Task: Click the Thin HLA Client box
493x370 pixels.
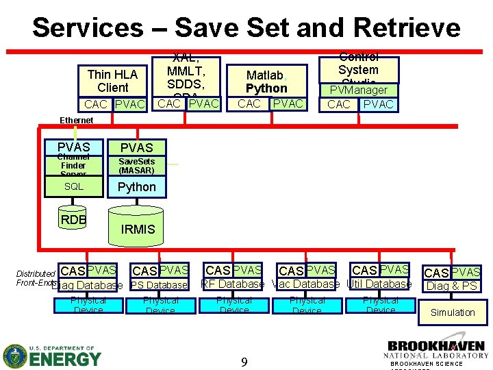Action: tap(113, 81)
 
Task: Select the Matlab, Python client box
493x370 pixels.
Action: tap(266, 82)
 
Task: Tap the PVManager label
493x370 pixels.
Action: tap(359, 90)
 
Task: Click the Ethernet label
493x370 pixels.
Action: tap(77, 120)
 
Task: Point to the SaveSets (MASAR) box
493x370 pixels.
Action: tap(136, 166)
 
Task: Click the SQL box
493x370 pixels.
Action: tap(73, 186)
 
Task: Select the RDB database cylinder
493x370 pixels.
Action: tap(73, 220)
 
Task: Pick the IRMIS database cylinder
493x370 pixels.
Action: tap(138, 229)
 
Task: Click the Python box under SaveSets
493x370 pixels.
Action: tap(136, 187)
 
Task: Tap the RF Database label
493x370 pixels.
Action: tap(232, 284)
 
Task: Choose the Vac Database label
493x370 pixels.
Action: tap(306, 284)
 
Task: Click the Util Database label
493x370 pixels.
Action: tap(379, 284)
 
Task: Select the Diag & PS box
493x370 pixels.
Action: tap(451, 286)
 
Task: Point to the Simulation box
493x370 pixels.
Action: tap(452, 312)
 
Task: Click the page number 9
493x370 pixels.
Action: tap(244, 361)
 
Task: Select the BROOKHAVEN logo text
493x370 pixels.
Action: tap(437, 346)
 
